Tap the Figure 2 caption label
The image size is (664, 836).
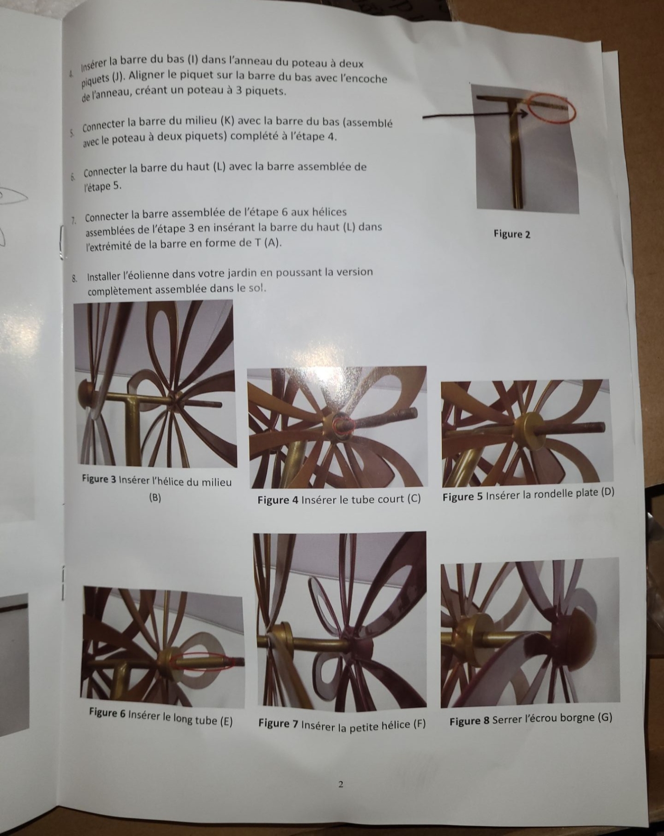point(512,234)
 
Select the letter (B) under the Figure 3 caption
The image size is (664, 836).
point(155,497)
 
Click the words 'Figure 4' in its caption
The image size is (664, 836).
point(278,500)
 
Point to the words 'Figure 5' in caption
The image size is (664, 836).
point(463,496)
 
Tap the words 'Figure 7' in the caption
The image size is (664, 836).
point(278,724)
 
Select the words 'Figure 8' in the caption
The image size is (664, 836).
point(470,721)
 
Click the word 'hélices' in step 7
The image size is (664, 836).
point(329,212)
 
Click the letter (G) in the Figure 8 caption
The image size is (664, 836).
point(604,718)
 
